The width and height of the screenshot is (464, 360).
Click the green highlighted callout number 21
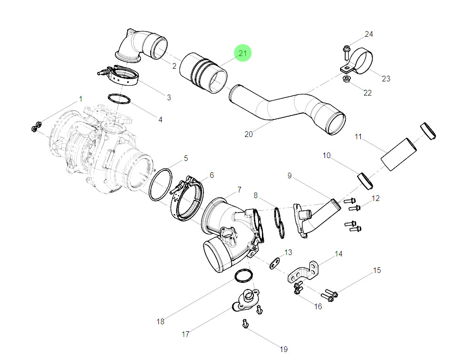coord(243,54)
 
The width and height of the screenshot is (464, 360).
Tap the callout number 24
coord(369,34)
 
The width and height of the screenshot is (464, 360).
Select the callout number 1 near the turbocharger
coord(81,99)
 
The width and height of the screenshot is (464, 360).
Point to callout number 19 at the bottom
coord(284,349)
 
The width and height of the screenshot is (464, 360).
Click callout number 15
coord(377,270)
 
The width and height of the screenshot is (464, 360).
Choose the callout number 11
coord(358,137)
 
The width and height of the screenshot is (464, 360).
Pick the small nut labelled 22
coord(346,78)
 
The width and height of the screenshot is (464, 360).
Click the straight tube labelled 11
coord(399,152)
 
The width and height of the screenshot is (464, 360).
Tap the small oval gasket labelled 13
coord(275,264)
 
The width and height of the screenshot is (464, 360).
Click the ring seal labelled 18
coord(243,276)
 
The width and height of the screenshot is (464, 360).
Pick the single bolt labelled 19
coord(245,323)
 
